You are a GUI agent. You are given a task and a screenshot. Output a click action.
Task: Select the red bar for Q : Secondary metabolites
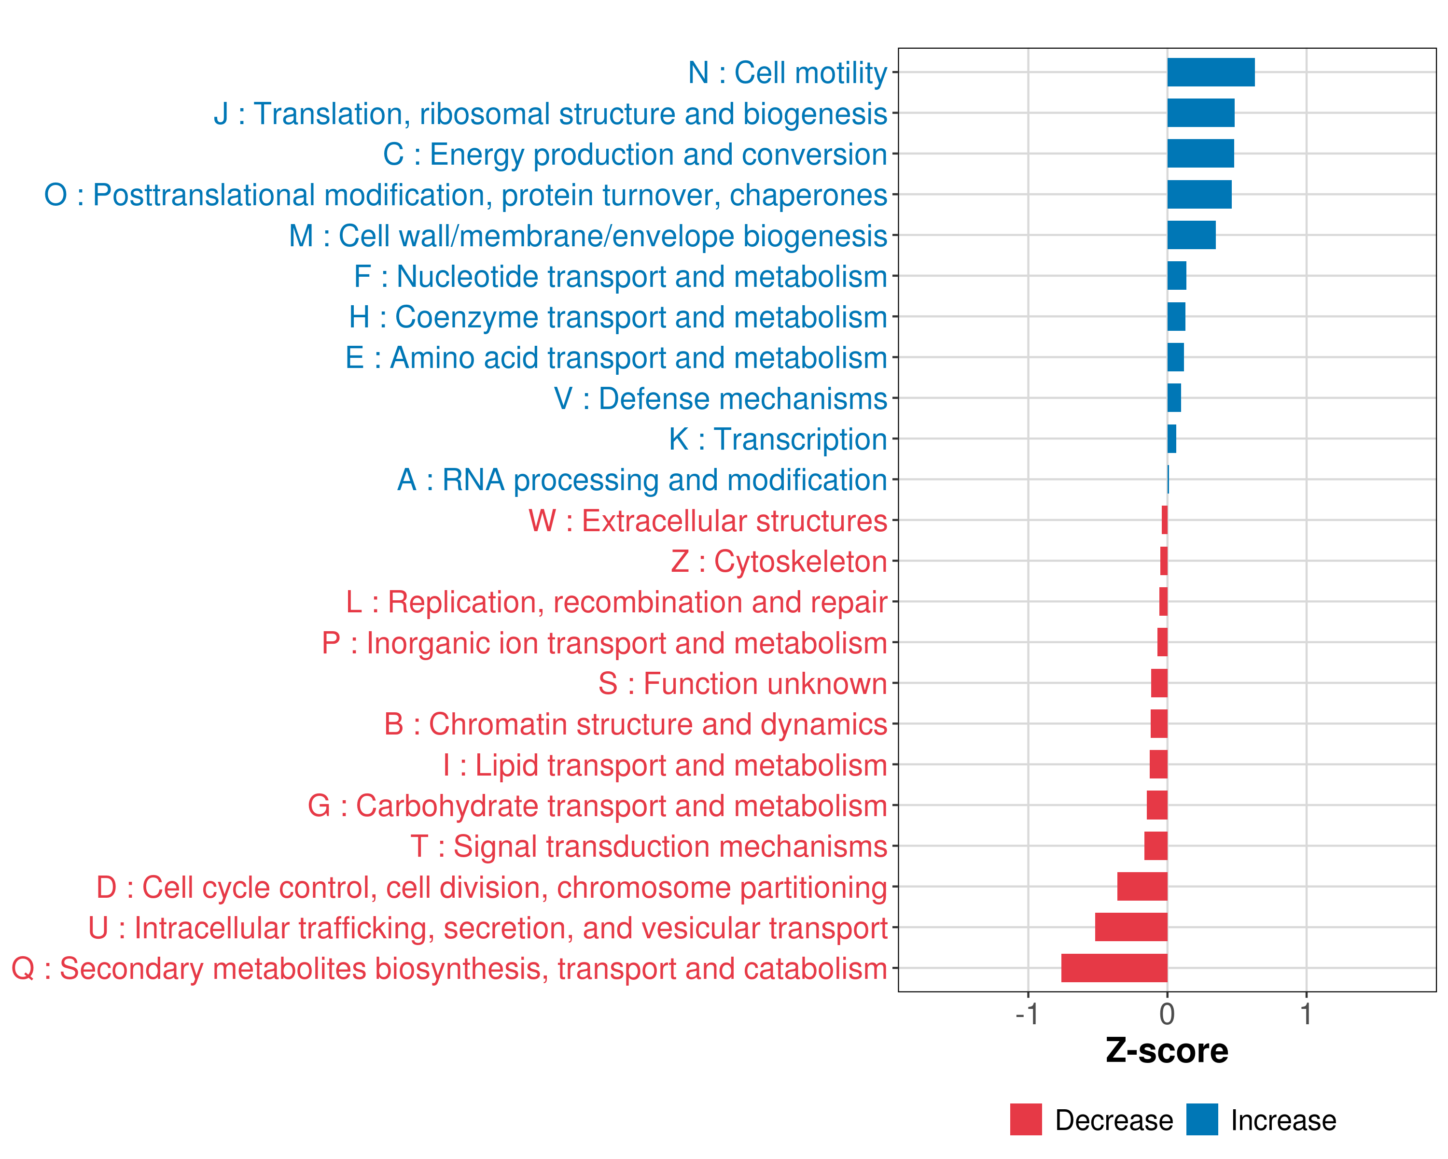point(1114,968)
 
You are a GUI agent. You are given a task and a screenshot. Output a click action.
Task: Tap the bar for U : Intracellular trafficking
point(1131,927)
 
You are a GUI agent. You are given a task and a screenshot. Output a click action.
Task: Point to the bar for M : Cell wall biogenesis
point(1191,235)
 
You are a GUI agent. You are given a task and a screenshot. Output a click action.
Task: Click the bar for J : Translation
point(1200,113)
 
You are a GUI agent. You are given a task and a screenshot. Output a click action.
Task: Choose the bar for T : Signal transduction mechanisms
point(1156,846)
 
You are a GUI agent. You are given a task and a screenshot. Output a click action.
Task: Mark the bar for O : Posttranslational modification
point(1199,195)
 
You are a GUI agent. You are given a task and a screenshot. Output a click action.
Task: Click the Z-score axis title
point(1167,1051)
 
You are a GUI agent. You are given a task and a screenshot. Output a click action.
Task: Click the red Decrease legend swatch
point(1026,1120)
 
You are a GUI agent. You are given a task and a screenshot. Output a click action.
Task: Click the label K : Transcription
point(778,439)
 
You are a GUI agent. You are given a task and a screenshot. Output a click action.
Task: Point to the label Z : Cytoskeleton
point(779,562)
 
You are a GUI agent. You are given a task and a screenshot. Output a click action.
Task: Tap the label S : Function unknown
point(743,684)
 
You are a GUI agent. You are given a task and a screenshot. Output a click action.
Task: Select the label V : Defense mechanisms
point(721,399)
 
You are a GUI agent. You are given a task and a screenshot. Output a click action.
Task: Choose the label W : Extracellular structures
point(708,522)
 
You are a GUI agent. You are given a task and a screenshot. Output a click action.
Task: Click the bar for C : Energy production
point(1200,154)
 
